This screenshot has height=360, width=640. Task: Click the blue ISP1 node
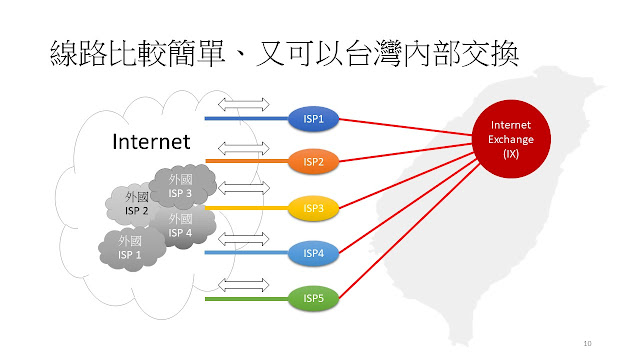pos(313,120)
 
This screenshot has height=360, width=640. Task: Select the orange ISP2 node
pos(313,161)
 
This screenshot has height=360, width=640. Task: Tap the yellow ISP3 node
pos(313,208)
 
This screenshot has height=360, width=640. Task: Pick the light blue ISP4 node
pos(313,253)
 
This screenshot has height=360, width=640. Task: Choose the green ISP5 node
pos(313,297)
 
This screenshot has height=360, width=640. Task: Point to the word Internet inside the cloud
pos(150,142)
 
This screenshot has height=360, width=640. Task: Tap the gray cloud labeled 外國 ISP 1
pos(130,247)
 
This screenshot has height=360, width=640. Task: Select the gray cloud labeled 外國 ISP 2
pos(137,204)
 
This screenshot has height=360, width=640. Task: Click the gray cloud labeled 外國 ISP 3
pos(181,186)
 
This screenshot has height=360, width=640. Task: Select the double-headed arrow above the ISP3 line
pos(244,189)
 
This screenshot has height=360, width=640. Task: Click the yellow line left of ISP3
pos(246,208)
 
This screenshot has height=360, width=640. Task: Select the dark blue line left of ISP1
pos(246,120)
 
